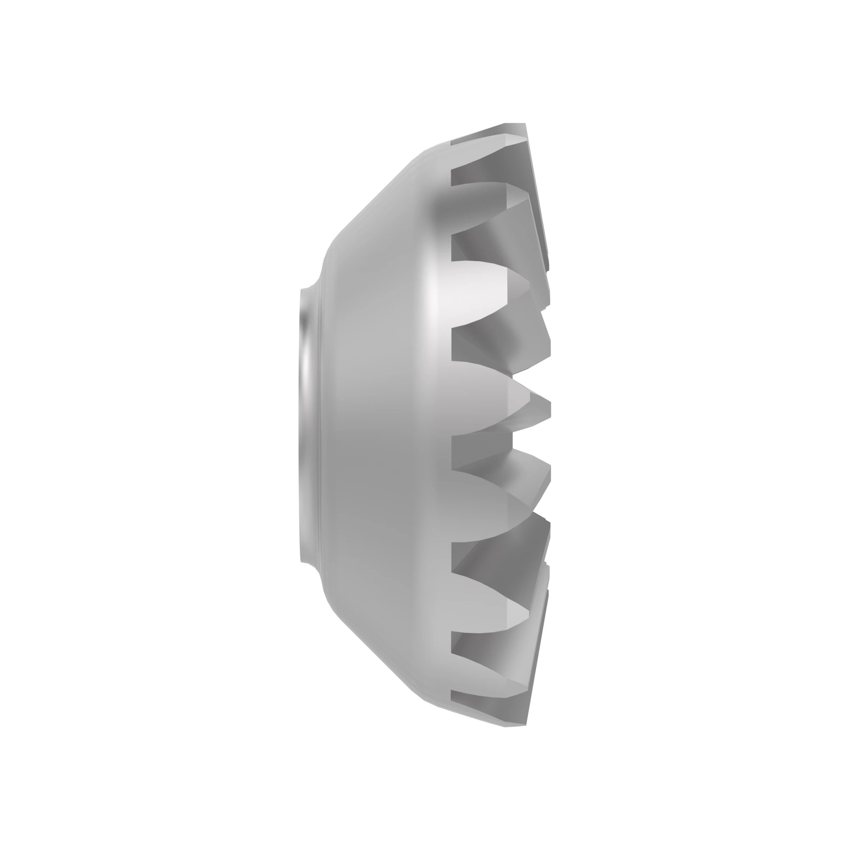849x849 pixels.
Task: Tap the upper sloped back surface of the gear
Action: click(378, 211)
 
